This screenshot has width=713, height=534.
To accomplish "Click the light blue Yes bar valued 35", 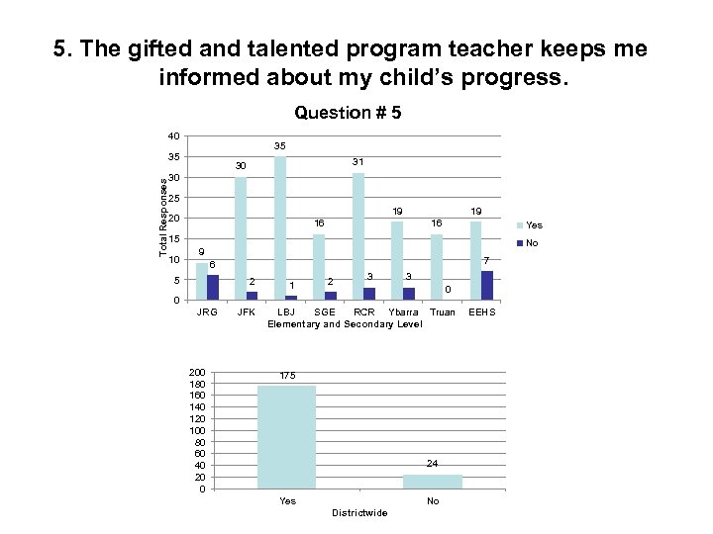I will (x=280, y=228).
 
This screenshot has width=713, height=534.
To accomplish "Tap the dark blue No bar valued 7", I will (x=486, y=286).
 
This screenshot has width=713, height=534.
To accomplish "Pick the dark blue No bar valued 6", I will (x=213, y=288).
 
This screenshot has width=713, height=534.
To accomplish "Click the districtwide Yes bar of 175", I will (x=286, y=437).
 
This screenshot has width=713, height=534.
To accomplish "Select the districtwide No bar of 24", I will (x=433, y=482).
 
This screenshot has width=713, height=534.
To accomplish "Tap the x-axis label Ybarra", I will (x=403, y=312).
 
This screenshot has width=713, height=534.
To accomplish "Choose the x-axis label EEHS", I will (x=482, y=312).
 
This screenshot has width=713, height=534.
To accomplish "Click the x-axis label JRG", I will (x=207, y=312).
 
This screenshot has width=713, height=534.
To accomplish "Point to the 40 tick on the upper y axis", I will (x=173, y=136).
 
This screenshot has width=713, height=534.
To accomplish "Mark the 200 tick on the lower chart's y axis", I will (x=199, y=372).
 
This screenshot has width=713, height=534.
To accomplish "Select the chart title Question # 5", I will (x=348, y=113).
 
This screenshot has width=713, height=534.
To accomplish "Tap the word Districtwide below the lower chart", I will (x=359, y=512).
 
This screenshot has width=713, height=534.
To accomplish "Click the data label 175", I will (x=287, y=376).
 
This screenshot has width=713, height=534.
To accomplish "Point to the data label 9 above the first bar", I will (x=201, y=251).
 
